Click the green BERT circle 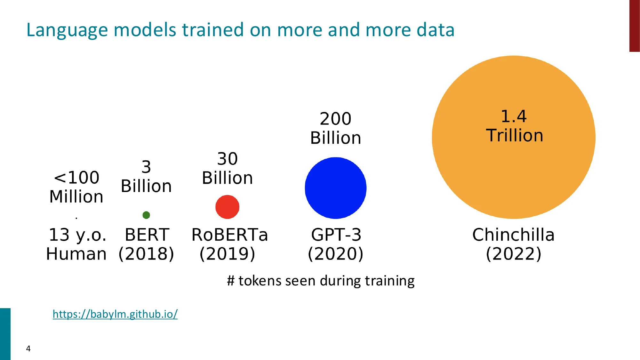click(x=146, y=215)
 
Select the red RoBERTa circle click(x=227, y=207)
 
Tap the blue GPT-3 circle click(x=335, y=188)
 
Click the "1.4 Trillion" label click(x=514, y=126)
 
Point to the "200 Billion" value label click(x=336, y=128)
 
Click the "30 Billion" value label click(x=228, y=168)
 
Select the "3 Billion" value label click(x=146, y=177)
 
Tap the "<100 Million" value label click(x=76, y=187)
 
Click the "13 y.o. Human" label click(x=76, y=244)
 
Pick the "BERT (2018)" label click(x=146, y=244)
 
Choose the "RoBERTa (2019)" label click(x=229, y=244)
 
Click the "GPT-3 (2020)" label click(x=336, y=244)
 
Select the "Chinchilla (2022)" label click(x=514, y=244)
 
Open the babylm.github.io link click(x=115, y=314)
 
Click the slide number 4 click(x=28, y=348)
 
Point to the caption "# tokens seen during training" click(x=321, y=281)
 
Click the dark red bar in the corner click(x=634, y=26)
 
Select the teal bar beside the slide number click(x=5, y=334)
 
